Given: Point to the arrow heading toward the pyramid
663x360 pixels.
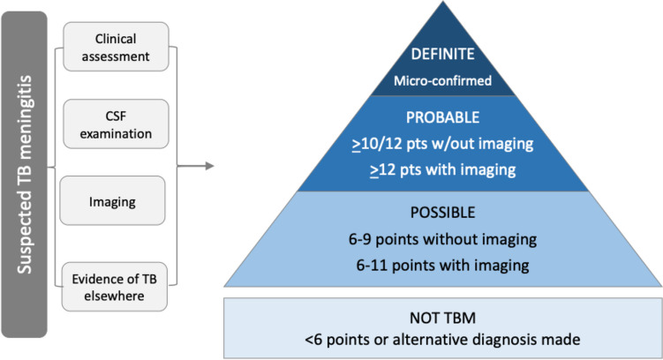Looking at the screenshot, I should click(197, 164).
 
